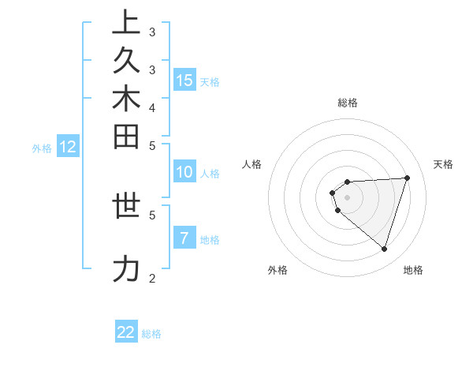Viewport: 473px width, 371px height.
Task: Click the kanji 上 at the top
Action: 126,23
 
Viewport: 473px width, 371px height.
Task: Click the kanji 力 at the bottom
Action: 126,269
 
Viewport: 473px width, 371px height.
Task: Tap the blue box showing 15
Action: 184,80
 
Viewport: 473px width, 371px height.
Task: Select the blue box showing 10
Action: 184,172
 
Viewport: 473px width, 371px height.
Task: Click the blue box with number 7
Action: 184,238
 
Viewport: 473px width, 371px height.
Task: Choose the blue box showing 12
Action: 68,146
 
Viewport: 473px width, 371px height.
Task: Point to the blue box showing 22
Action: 126,332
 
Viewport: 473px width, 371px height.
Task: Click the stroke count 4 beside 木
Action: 152,107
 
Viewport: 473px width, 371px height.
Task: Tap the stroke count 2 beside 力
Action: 152,278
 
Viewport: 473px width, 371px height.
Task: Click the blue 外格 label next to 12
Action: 42,148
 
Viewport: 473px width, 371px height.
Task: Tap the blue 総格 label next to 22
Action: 151,334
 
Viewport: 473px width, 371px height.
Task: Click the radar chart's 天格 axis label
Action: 444,164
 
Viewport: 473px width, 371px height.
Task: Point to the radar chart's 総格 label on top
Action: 348,103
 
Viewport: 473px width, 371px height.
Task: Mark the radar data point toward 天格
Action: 407,178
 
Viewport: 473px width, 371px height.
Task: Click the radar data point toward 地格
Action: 384,249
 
